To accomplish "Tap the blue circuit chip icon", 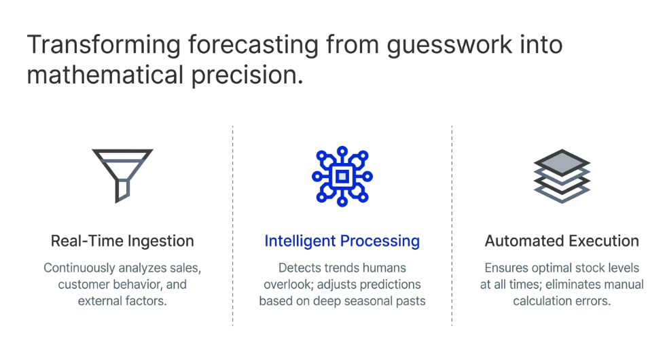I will pos(342,176).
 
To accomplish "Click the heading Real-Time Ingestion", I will pos(122,241).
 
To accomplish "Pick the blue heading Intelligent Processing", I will pos(342,241).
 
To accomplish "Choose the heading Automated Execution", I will pos(562,241).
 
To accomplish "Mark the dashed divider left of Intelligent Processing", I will pos(233,224).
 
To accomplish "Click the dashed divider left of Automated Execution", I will pos(452,224).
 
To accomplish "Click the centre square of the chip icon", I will pos(342,176).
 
